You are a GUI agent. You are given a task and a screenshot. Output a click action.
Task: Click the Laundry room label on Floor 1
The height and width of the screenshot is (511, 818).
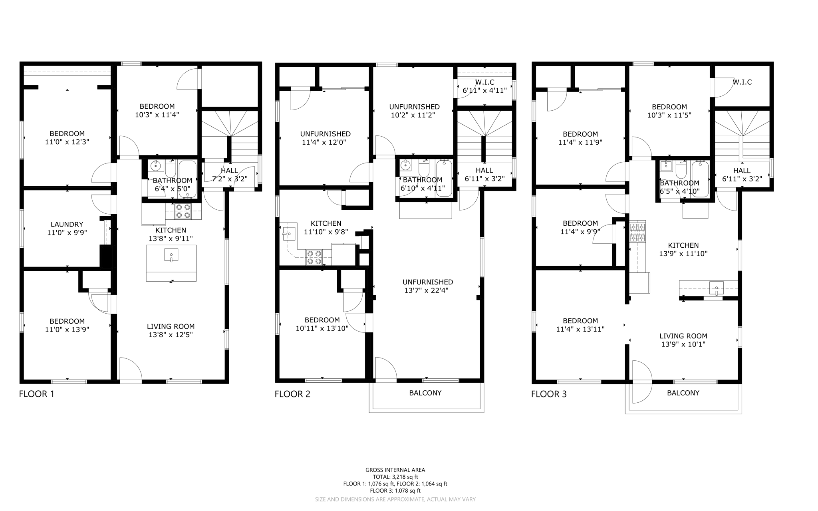tap(67, 225)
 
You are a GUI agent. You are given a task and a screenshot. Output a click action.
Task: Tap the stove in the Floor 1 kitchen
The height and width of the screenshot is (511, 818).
tap(183, 211)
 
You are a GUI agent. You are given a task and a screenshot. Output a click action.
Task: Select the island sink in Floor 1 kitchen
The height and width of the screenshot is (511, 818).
tap(171, 255)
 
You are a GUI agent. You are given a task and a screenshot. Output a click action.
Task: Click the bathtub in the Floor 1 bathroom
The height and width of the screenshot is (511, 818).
tap(187, 180)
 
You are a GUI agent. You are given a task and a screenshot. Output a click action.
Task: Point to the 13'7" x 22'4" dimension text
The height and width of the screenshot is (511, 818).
tap(427, 290)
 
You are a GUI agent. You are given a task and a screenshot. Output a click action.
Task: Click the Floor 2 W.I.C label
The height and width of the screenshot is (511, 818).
tap(484, 82)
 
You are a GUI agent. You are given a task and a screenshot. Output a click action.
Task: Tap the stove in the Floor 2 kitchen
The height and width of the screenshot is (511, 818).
tap(314, 257)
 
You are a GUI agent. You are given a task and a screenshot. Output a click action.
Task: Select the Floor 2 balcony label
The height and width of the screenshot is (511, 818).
tap(425, 393)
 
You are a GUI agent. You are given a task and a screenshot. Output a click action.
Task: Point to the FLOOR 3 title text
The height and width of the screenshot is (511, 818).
tap(548, 394)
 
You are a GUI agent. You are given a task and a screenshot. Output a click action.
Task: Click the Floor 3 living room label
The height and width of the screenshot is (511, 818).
tap(683, 336)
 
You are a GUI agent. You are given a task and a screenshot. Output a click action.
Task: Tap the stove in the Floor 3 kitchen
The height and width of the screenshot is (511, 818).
tap(637, 233)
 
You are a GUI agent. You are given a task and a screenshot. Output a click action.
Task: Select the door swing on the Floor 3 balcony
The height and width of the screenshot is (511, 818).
tap(641, 382)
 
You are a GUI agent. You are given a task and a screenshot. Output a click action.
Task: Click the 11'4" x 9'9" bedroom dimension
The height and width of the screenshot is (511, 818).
tap(580, 231)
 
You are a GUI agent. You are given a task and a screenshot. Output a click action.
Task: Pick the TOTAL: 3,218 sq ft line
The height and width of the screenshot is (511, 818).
tap(395, 477)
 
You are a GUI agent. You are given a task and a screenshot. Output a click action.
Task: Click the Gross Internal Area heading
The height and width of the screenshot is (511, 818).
tap(395, 470)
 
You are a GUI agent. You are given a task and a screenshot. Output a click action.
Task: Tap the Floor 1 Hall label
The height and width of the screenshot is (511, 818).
tap(229, 171)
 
